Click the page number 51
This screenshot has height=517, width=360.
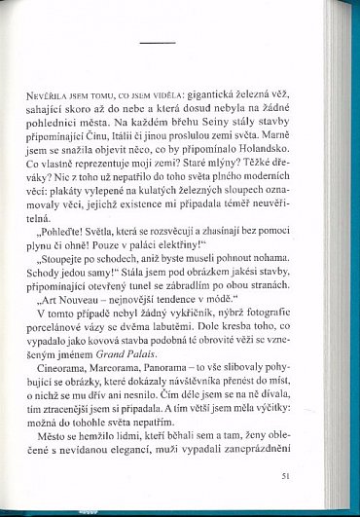(310, 478)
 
